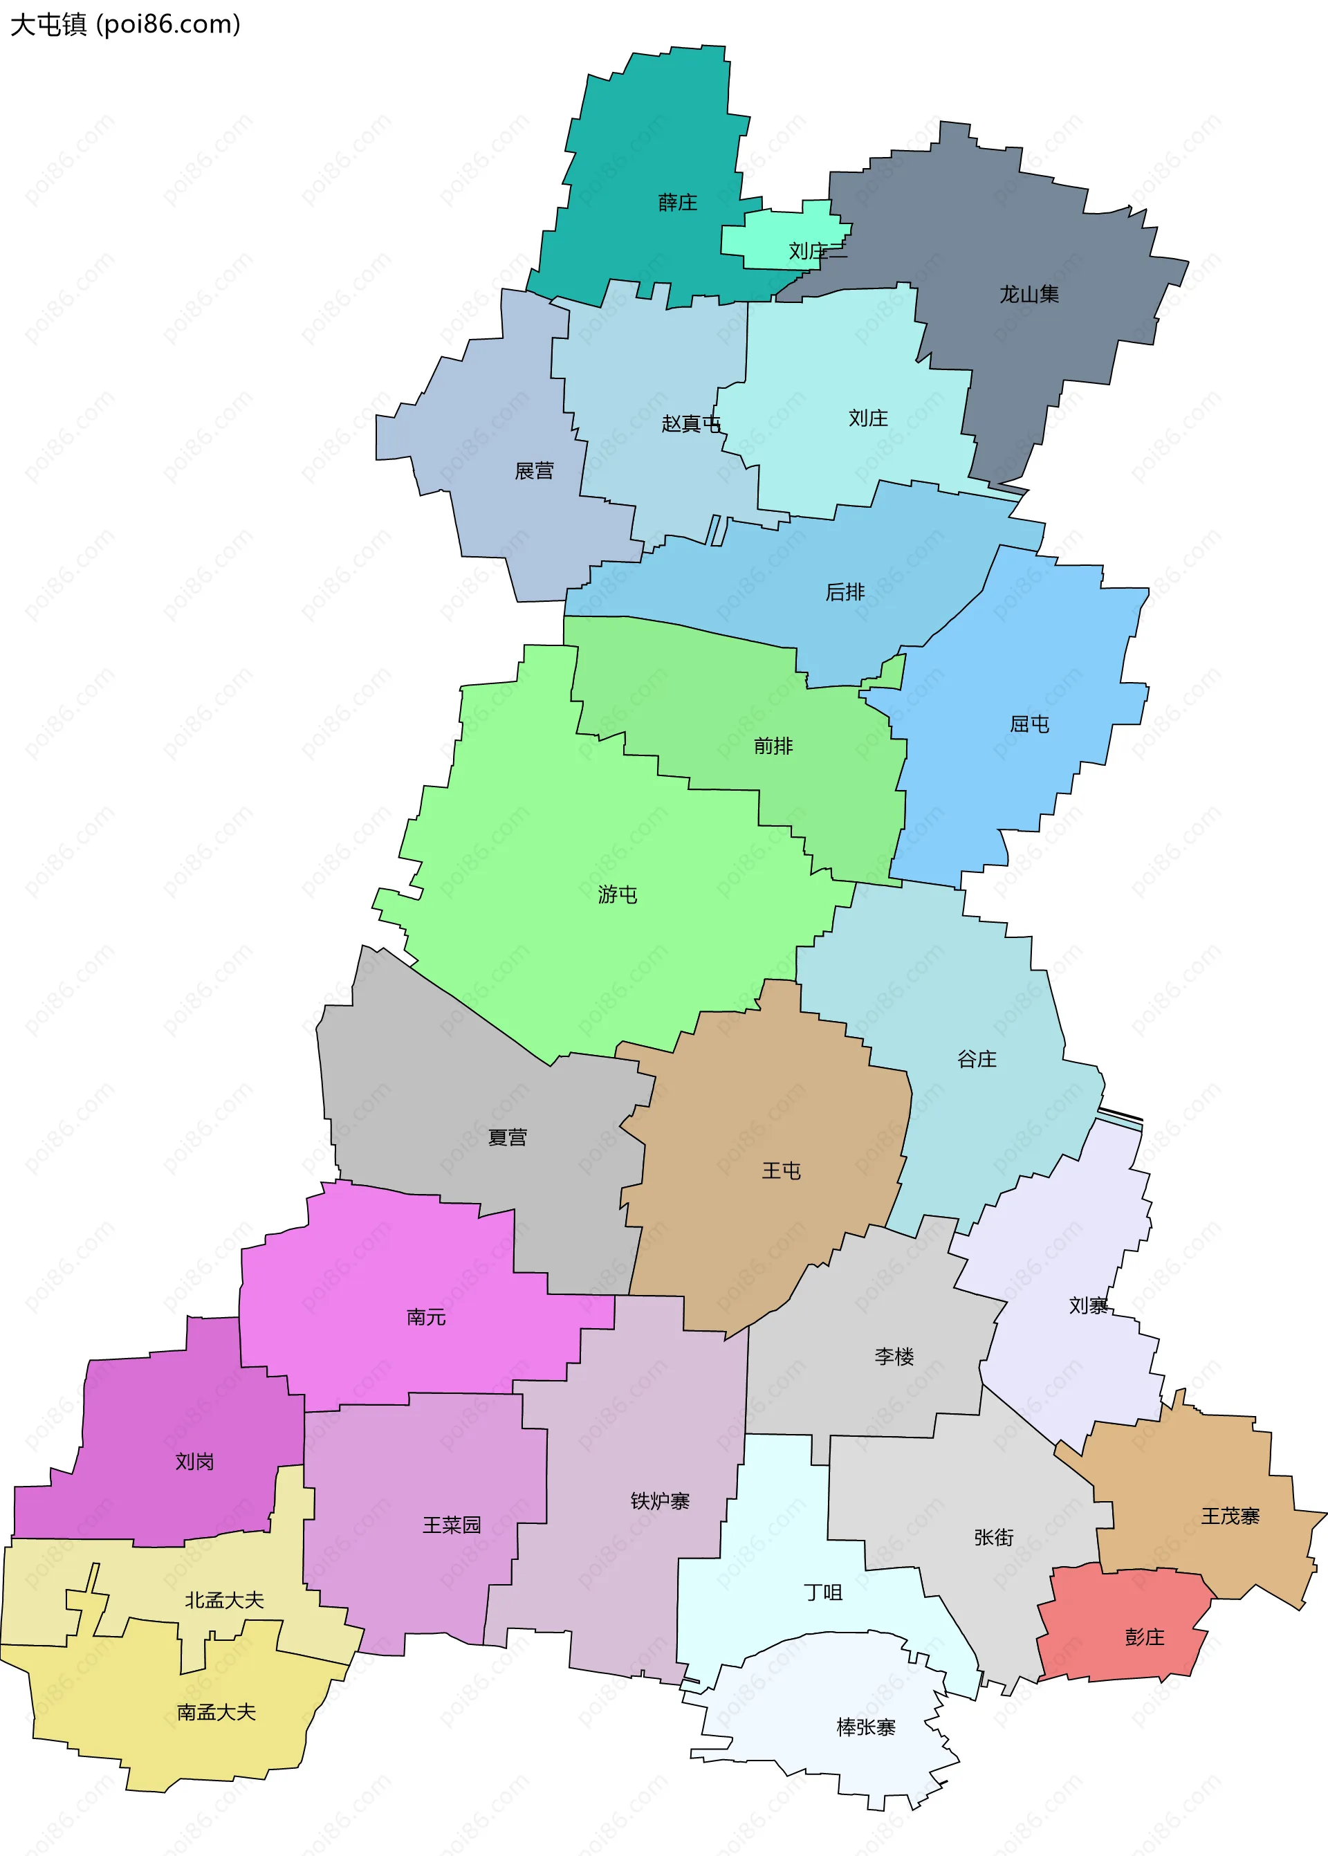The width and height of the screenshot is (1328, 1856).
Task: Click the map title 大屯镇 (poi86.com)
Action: click(125, 24)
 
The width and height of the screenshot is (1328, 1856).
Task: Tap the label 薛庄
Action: click(678, 202)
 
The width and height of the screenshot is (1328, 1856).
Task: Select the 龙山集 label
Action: click(1029, 294)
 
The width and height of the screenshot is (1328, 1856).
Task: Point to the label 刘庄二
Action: click(818, 251)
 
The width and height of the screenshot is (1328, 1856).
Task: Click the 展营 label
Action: click(534, 471)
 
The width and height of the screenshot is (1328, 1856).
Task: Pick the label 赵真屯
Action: click(691, 423)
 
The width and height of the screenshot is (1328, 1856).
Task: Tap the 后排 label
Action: click(845, 592)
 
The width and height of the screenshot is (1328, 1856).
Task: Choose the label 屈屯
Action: click(1029, 724)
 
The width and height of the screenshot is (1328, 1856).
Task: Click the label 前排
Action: click(773, 746)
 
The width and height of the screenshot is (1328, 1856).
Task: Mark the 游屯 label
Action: click(618, 894)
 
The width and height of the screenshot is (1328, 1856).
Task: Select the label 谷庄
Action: click(977, 1060)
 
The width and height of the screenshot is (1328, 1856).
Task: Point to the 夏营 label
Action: click(507, 1137)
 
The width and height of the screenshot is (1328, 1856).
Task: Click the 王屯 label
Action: click(781, 1171)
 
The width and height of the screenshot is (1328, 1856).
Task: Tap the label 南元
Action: click(426, 1317)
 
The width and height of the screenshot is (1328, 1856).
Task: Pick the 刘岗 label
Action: click(194, 1461)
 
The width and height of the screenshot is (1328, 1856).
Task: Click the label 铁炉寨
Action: click(660, 1501)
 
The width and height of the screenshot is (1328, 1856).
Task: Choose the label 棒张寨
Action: click(866, 1727)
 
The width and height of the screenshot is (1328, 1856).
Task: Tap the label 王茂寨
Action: click(1230, 1516)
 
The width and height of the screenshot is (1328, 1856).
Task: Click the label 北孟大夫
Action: click(224, 1600)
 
